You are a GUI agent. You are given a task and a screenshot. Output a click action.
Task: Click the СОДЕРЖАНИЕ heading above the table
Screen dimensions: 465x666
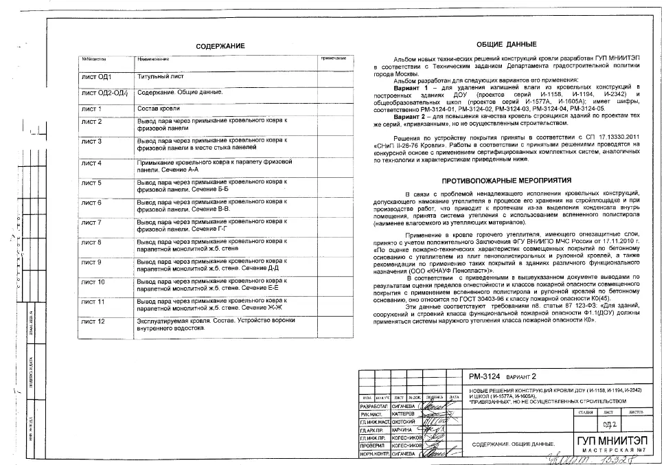coord(220,46)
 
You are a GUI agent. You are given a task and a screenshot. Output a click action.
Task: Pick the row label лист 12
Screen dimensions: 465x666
coord(92,321)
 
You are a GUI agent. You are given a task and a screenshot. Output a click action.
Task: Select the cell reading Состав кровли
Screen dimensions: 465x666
coord(159,109)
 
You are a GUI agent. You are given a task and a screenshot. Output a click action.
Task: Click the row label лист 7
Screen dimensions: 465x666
coord(91,223)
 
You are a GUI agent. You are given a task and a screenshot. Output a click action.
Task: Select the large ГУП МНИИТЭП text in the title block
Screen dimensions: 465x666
coord(610,440)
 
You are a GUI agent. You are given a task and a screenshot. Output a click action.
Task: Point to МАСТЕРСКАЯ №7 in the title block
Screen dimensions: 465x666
coord(610,451)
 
